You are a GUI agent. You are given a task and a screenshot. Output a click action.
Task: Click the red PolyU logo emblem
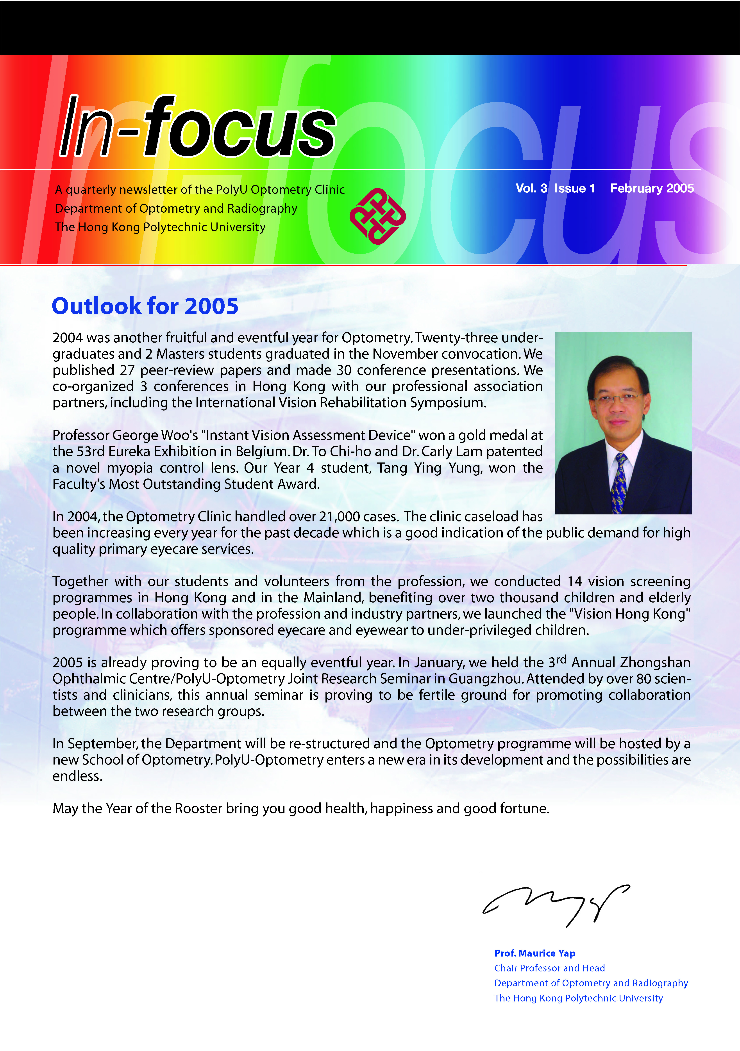click(x=377, y=216)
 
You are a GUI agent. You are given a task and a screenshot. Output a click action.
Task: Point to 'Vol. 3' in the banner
click(x=531, y=188)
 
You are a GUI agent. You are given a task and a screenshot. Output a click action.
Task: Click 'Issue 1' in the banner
click(x=575, y=188)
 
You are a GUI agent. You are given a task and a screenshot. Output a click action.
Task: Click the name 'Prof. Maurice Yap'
click(x=534, y=953)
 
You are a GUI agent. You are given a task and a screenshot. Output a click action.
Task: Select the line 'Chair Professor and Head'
click(x=549, y=968)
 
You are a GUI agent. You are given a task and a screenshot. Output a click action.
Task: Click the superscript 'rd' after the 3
click(x=561, y=659)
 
